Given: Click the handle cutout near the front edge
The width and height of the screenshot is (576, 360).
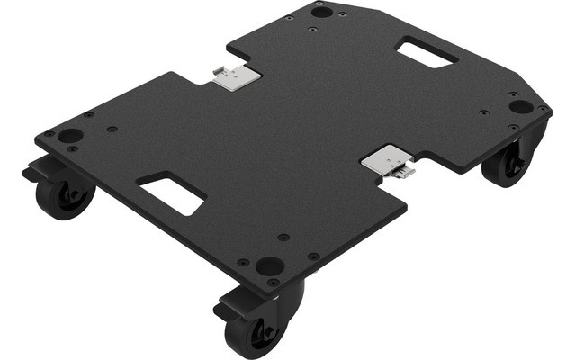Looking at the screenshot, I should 172,192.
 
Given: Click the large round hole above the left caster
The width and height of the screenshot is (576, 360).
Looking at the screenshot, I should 71,135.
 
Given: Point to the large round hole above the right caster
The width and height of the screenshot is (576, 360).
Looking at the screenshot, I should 520,106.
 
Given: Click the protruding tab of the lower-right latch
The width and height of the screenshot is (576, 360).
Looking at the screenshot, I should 407,171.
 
